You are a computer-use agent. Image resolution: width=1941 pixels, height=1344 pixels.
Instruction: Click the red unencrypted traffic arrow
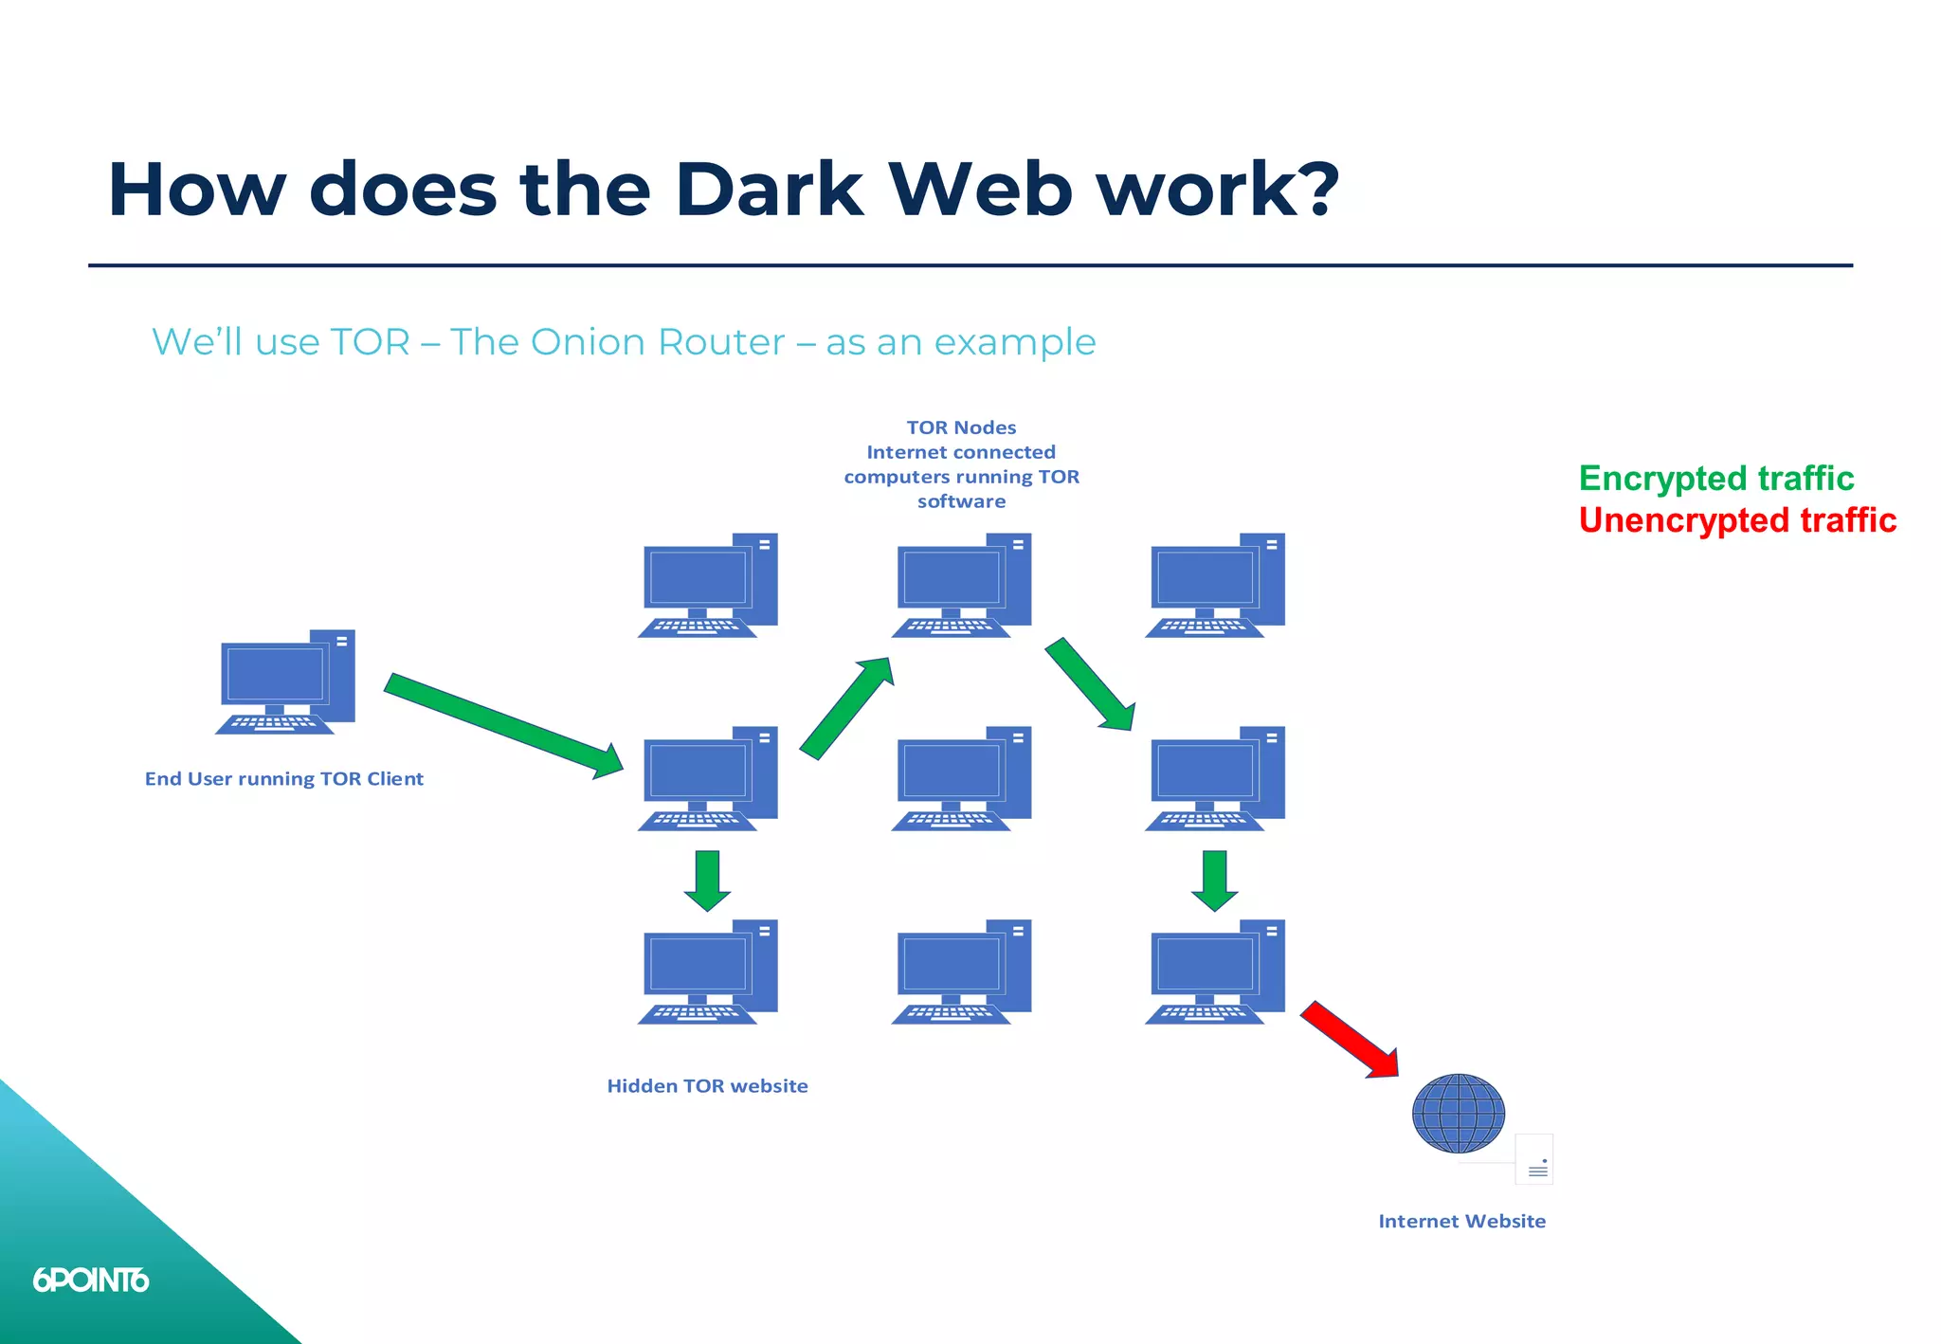click(x=1348, y=1039)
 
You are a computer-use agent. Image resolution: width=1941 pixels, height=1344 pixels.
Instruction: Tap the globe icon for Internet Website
click(x=1458, y=1113)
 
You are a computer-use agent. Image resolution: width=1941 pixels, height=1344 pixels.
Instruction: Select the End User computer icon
click(x=284, y=681)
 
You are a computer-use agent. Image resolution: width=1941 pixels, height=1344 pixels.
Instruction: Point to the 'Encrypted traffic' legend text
click(x=1715, y=479)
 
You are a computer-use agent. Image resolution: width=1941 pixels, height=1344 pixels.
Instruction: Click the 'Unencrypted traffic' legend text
click(x=1736, y=520)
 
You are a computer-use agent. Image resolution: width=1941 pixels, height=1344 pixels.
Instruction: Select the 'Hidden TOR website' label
click(x=707, y=1086)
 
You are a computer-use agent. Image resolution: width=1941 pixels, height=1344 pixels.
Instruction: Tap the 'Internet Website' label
click(x=1461, y=1222)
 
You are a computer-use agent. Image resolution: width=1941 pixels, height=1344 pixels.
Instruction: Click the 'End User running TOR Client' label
click(x=283, y=779)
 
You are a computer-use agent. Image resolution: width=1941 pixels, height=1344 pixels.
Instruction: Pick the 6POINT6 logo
click(x=91, y=1280)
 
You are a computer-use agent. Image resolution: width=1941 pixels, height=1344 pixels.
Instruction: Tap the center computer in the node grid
click(x=961, y=779)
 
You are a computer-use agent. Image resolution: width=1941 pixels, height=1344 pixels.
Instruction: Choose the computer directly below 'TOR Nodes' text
click(x=961, y=585)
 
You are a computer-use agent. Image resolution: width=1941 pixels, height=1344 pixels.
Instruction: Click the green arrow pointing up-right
click(x=846, y=708)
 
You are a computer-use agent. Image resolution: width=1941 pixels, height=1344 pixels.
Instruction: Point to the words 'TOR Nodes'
click(x=961, y=427)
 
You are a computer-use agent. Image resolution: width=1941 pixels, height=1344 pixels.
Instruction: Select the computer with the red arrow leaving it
click(x=1215, y=972)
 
